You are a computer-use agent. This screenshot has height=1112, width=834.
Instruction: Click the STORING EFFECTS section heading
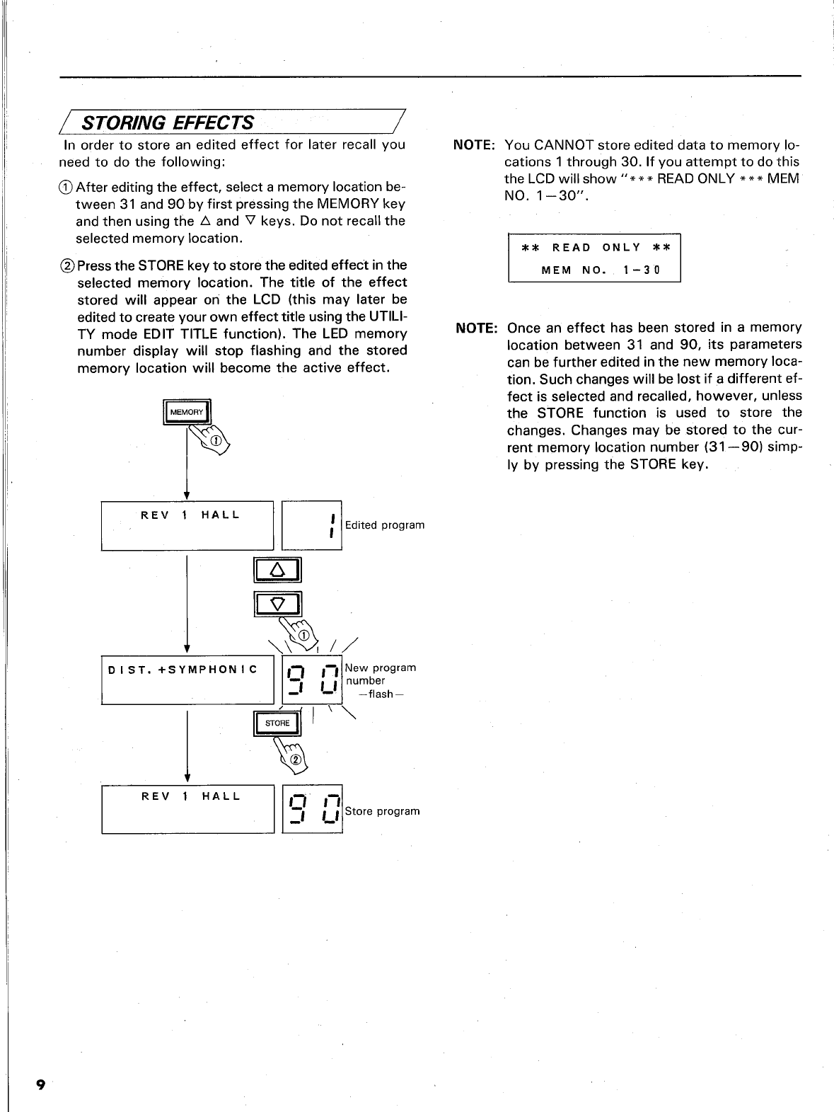(168, 122)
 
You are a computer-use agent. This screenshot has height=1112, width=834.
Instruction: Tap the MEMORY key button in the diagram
(187, 412)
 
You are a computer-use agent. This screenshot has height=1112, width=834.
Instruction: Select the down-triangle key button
(277, 603)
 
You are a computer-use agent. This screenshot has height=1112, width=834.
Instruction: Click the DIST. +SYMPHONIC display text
(182, 669)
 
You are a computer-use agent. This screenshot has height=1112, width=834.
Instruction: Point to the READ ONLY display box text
(594, 248)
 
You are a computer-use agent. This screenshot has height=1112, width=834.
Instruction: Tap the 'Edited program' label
(385, 525)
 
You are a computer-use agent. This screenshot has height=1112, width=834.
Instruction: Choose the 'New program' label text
(381, 667)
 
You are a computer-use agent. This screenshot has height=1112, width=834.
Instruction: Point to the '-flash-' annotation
(381, 694)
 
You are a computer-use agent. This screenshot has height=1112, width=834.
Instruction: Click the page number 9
(40, 1085)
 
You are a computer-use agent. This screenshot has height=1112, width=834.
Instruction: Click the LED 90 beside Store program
(313, 810)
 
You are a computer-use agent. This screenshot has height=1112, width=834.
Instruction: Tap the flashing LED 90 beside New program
(313, 681)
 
